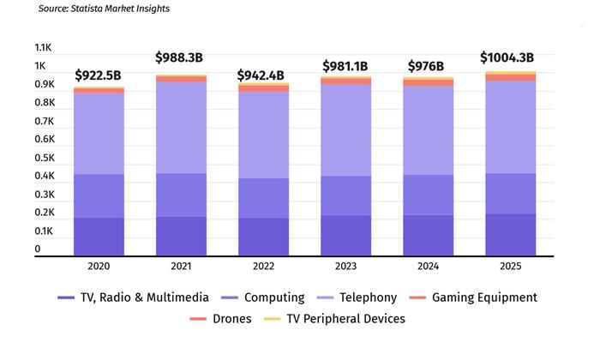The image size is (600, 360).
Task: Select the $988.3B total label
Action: tap(179, 57)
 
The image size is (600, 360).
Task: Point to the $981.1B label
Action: tap(346, 66)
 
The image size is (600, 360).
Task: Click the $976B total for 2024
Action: tap(426, 66)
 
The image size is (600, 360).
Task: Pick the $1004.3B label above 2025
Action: tap(512, 58)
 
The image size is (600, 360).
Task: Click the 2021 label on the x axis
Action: tap(181, 267)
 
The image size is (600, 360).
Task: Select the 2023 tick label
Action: tap(345, 267)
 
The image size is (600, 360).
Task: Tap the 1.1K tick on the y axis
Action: tap(44, 48)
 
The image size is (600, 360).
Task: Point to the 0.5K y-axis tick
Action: tap(44, 158)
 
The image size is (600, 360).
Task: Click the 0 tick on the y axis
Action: tap(38, 249)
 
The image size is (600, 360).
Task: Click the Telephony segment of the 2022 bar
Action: tap(263, 135)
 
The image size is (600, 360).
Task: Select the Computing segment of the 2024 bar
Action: tap(428, 195)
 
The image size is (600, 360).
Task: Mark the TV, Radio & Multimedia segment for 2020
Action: tap(99, 236)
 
